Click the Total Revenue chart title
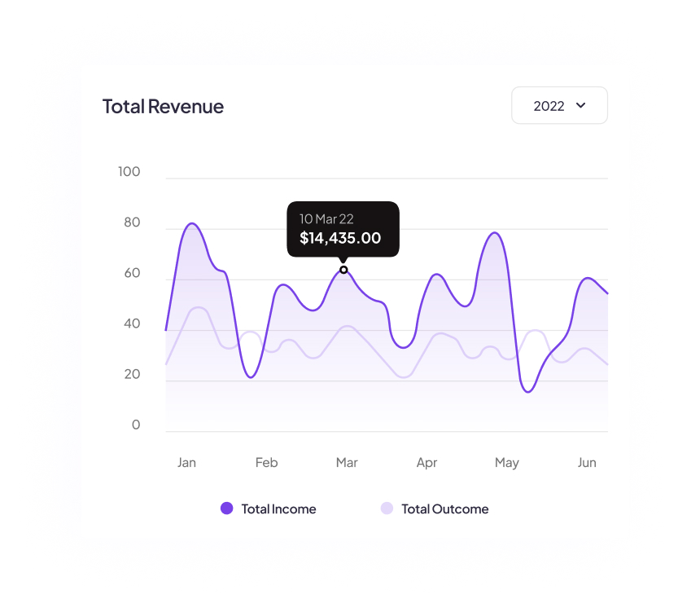click(x=163, y=106)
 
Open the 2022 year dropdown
click(x=559, y=105)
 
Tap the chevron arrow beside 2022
click(x=581, y=105)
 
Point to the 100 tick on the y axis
click(x=129, y=172)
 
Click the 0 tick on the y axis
click(x=135, y=425)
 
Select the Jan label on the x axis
click(x=186, y=463)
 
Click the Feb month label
click(x=266, y=463)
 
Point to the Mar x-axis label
click(x=347, y=463)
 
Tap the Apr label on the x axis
click(x=426, y=463)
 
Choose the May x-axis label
click(x=506, y=463)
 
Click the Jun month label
click(x=587, y=463)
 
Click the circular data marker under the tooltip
click(x=343, y=270)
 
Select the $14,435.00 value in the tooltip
click(x=340, y=239)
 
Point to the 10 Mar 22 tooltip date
click(x=326, y=219)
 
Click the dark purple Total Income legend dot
click(x=227, y=508)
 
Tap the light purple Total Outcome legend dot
click(x=387, y=508)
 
